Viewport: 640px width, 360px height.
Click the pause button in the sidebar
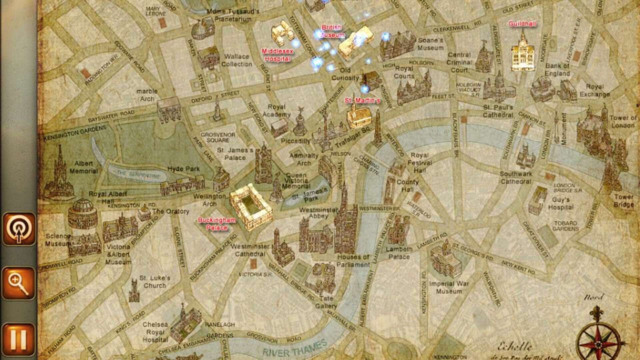pyautogui.click(x=19, y=339)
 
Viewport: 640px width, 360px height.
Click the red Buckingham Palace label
pyautogui.click(x=217, y=224)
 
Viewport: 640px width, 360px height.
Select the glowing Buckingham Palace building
pyautogui.click(x=251, y=207)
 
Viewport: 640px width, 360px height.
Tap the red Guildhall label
pyautogui.click(x=522, y=24)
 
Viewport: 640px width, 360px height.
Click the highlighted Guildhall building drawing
pyautogui.click(x=522, y=53)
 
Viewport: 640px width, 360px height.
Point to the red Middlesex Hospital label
pyautogui.click(x=277, y=55)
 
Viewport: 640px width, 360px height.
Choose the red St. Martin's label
pyautogui.click(x=362, y=100)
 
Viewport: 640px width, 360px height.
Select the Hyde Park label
pyautogui.click(x=183, y=169)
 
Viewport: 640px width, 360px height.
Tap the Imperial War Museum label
pyautogui.click(x=449, y=287)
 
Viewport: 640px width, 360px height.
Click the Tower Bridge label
pyautogui.click(x=624, y=201)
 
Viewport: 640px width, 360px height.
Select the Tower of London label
pyautogui.click(x=622, y=122)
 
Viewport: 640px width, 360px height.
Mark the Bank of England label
pyautogui.click(x=557, y=70)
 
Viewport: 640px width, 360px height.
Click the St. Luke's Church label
pyautogui.click(x=155, y=282)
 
